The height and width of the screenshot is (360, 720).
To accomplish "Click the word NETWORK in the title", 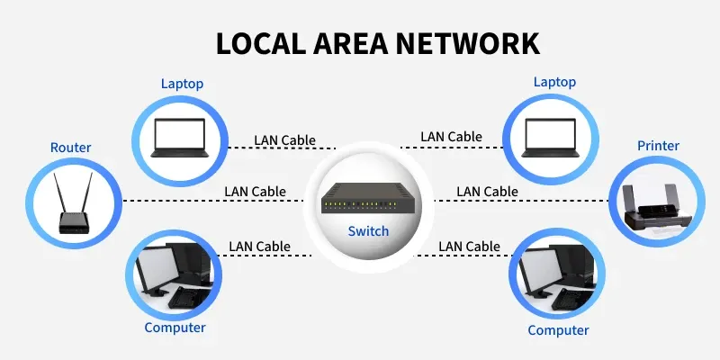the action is click(467, 43).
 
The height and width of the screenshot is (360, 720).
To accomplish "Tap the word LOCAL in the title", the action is click(261, 43).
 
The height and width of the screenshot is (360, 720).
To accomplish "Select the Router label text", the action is click(71, 148).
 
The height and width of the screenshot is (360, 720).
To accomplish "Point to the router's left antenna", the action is click(59, 193).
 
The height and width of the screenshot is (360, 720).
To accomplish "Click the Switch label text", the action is click(368, 231).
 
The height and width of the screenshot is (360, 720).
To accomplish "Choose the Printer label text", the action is click(658, 146).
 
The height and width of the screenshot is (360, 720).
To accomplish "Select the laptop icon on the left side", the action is click(179, 138).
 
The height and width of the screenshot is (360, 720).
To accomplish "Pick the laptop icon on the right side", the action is click(550, 138).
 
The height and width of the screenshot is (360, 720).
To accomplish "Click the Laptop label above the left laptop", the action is click(182, 84).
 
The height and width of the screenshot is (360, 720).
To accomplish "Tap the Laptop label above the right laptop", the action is click(554, 82).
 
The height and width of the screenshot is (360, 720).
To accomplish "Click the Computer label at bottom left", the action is click(175, 328).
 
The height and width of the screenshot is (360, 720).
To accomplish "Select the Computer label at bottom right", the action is click(558, 330).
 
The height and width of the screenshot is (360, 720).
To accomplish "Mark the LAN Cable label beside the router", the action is click(255, 192).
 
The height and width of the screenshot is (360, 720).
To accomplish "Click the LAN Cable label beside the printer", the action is click(487, 192).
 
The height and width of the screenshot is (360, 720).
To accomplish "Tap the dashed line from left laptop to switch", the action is click(282, 148).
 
